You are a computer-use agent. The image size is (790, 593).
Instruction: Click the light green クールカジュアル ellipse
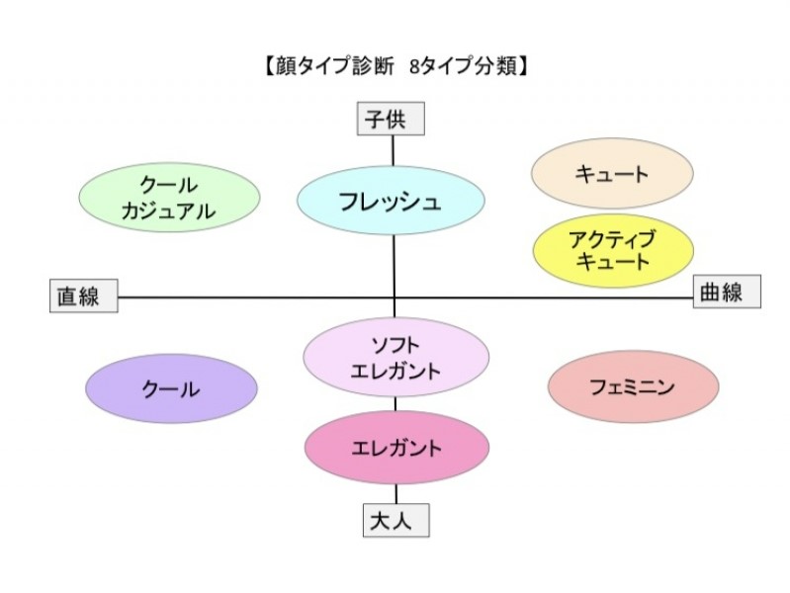pyautogui.click(x=169, y=198)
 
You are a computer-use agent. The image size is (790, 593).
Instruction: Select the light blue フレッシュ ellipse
pyautogui.click(x=391, y=202)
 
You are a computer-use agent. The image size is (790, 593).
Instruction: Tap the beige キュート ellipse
pyautogui.click(x=612, y=174)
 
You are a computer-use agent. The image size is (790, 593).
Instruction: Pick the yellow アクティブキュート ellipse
pyautogui.click(x=610, y=251)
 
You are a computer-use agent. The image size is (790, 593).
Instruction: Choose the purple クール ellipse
pyautogui.click(x=171, y=388)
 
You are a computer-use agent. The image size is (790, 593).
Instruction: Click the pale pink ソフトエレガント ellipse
pyautogui.click(x=395, y=358)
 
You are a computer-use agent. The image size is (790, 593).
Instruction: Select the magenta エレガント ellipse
pyautogui.click(x=396, y=448)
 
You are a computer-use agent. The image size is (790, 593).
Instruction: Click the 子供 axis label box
pyautogui.click(x=393, y=121)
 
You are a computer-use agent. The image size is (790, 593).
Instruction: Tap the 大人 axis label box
pyautogui.click(x=395, y=521)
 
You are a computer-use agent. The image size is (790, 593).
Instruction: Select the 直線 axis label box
pyautogui.click(x=83, y=296)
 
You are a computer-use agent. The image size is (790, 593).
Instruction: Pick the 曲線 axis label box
pyautogui.click(x=726, y=292)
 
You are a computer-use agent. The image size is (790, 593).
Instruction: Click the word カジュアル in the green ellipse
pyautogui.click(x=169, y=211)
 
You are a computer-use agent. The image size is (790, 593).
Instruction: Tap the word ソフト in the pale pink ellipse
pyautogui.click(x=395, y=345)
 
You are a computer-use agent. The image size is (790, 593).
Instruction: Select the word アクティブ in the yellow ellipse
pyautogui.click(x=611, y=239)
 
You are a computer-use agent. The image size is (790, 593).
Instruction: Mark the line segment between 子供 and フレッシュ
pyautogui.click(x=394, y=150)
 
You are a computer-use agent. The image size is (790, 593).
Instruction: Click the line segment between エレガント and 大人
pyautogui.click(x=395, y=494)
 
